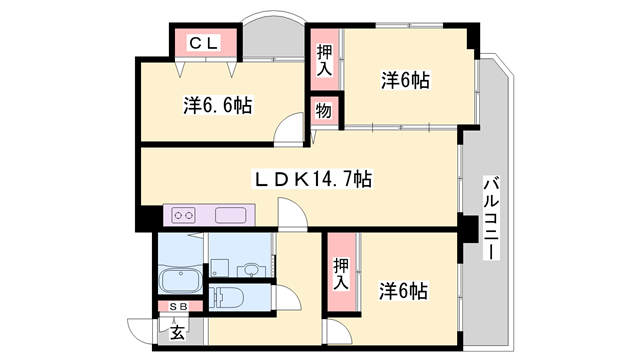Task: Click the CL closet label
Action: [x=204, y=42]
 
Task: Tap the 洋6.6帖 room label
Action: [x=218, y=105]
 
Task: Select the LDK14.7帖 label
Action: [x=313, y=179]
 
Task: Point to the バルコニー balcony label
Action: [x=491, y=218]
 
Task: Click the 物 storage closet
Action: [x=324, y=111]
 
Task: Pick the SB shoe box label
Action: [x=178, y=307]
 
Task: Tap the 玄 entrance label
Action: [x=177, y=332]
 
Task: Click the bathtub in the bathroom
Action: [x=180, y=280]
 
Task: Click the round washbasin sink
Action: [x=249, y=270]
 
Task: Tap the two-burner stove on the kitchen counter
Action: [x=183, y=215]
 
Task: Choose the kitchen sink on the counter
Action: [x=231, y=215]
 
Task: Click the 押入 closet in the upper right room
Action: [x=324, y=60]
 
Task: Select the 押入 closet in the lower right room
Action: [x=342, y=272]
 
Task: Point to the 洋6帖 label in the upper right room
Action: [x=405, y=80]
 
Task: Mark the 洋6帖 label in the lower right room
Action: [x=403, y=291]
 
